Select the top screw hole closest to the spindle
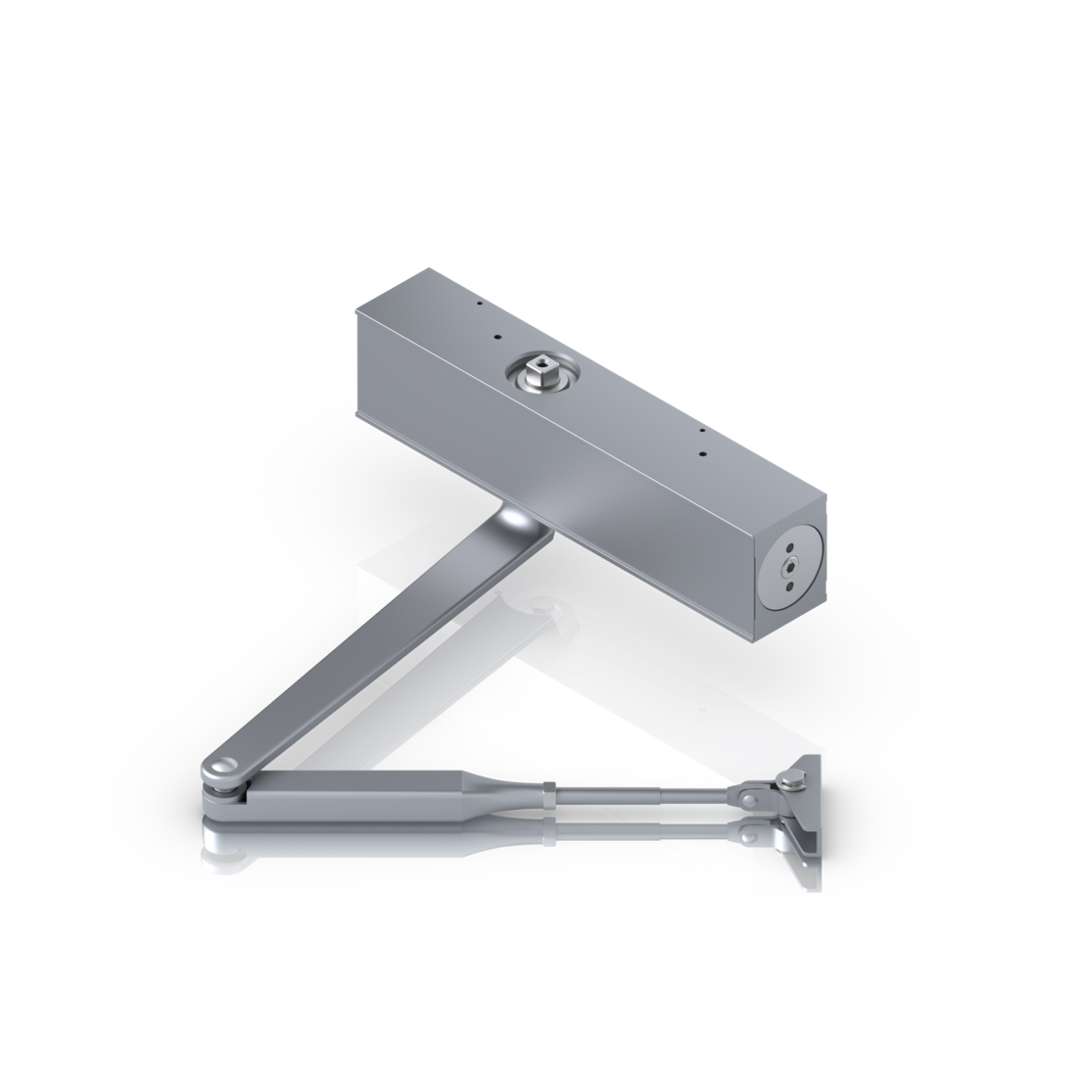[498, 338]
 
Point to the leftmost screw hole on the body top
[476, 304]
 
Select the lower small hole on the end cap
[784, 588]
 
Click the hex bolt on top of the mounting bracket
[782, 780]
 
